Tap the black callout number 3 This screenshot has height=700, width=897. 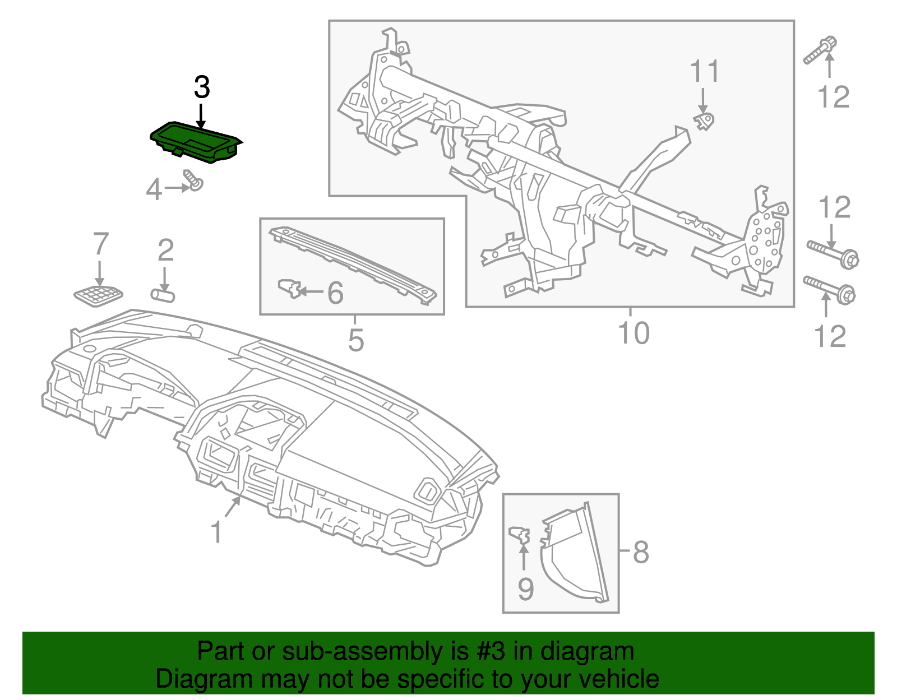click(201, 87)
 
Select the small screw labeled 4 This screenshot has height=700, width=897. click(194, 181)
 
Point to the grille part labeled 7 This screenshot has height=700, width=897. click(99, 295)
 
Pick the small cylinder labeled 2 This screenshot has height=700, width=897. click(163, 294)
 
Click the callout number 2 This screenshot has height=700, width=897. click(165, 251)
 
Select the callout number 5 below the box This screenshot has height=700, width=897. click(355, 340)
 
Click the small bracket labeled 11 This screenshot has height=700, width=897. click(704, 121)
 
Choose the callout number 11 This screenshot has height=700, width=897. click(704, 72)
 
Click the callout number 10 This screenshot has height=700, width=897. click(633, 333)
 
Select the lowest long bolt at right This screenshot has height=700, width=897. click(829, 289)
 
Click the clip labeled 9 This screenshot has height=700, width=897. click(520, 535)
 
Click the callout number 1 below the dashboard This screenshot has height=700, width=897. click(216, 532)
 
